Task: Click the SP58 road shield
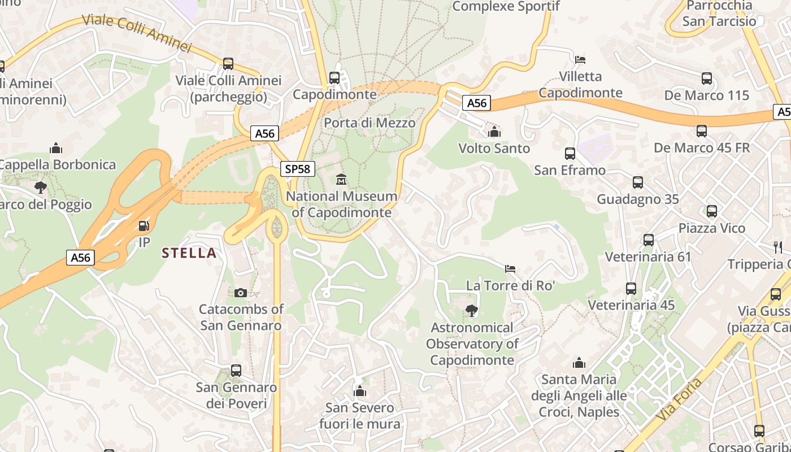pos(297,168)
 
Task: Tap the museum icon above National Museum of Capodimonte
pos(341,180)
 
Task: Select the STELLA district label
pos(189,253)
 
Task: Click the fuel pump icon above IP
pos(145,226)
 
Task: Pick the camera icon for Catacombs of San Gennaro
pos(240,293)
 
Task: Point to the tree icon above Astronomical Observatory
pos(471,310)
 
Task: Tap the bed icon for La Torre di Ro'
pos(510,268)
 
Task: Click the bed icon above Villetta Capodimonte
pos(580,59)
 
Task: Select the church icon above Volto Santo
pos(494,132)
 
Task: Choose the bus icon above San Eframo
pos(570,153)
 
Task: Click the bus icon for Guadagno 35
pos(638,182)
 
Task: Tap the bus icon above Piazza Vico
pos(712,211)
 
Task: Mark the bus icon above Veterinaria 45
pos(631,289)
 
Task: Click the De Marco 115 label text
pos(707,95)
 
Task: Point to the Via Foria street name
pos(680,407)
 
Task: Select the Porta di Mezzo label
pos(370,123)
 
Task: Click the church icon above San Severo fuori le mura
pos(360,391)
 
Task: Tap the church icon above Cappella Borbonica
pos(56,148)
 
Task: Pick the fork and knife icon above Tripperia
pos(778,247)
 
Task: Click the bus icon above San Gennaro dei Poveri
pos(236,371)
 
